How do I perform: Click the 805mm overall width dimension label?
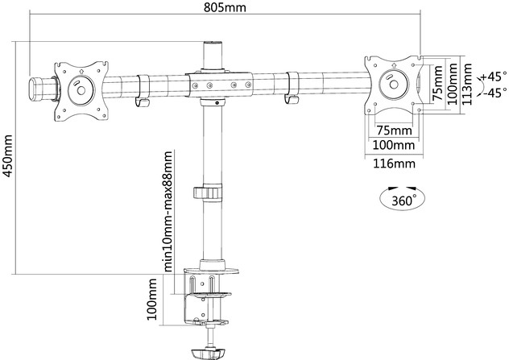[x=225, y=6]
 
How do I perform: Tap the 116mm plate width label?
[x=394, y=163]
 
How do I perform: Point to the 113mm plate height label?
[x=467, y=84]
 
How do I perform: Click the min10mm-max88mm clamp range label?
[x=168, y=211]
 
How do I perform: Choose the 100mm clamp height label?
[x=151, y=299]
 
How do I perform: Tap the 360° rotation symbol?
[x=402, y=198]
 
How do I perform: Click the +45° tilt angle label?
[x=494, y=77]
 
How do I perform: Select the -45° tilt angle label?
[x=495, y=93]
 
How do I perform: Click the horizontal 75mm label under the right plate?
[x=394, y=130]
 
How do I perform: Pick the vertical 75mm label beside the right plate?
[x=438, y=83]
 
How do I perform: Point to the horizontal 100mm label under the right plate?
[x=394, y=145]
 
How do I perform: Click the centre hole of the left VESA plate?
[x=81, y=90]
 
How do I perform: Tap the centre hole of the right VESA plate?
[x=394, y=85]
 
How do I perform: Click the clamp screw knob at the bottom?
[x=208, y=353]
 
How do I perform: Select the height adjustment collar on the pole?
[x=208, y=192]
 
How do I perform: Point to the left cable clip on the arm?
[x=143, y=91]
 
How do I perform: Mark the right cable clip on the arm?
[x=292, y=88]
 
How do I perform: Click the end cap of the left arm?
[x=35, y=89]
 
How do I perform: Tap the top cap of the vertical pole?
[x=213, y=43]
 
